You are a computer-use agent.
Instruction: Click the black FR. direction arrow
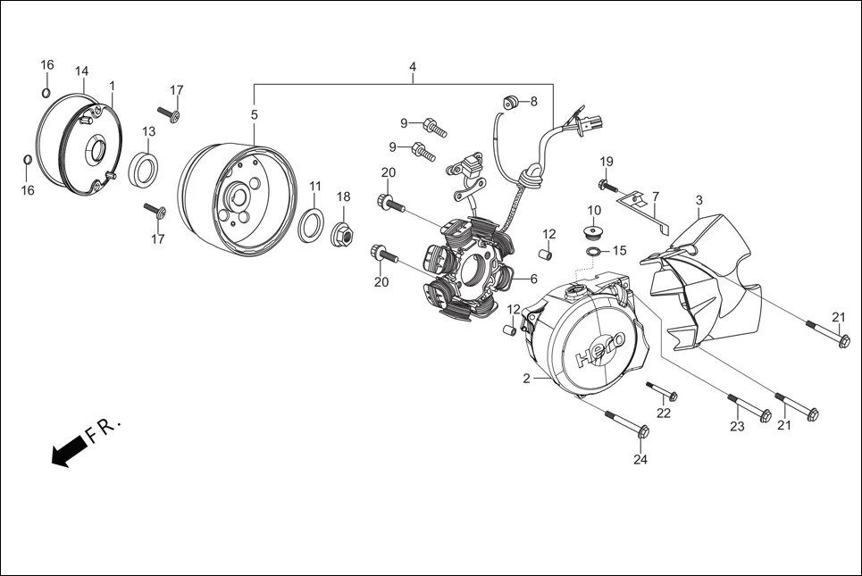(x=68, y=451)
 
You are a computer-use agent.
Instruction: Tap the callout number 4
(x=413, y=68)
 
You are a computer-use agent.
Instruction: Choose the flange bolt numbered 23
(x=749, y=407)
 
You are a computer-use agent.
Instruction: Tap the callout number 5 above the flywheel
(x=254, y=115)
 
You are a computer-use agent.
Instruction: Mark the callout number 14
(x=81, y=71)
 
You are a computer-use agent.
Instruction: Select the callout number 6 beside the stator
(x=533, y=279)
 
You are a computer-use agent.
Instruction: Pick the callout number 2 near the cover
(x=527, y=379)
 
